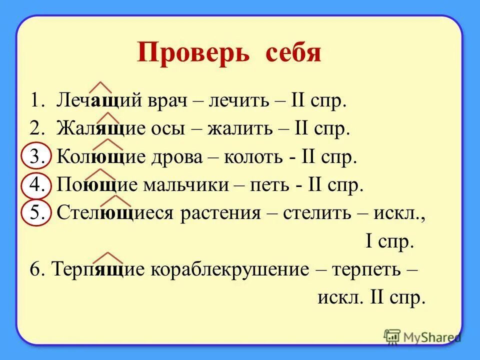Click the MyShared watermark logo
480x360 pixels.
tap(422, 337)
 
